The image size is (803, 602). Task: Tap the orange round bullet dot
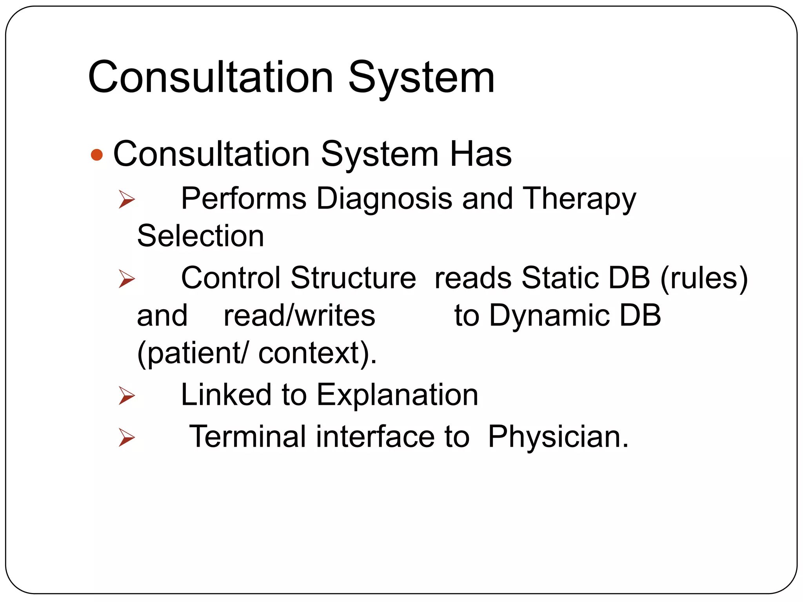[96, 155]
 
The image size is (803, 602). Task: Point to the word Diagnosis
[384, 198]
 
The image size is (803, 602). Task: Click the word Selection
[200, 236]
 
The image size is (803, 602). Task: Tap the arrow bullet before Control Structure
[127, 279]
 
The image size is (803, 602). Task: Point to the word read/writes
[299, 316]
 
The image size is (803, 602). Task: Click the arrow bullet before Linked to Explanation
[127, 395]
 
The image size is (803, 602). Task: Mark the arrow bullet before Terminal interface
[127, 437]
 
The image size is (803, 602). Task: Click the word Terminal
[247, 437]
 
